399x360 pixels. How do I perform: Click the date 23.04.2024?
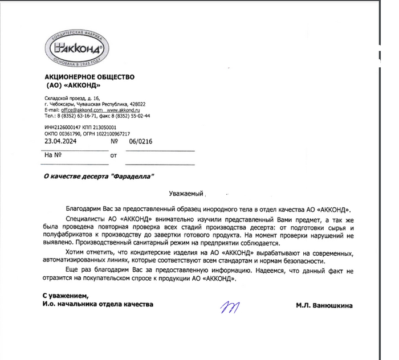pyautogui.click(x=59, y=141)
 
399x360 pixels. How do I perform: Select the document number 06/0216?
pyautogui.click(x=140, y=141)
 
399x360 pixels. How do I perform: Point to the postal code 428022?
pyautogui.click(x=137, y=104)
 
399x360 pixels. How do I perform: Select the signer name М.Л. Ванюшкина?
pyautogui.click(x=324, y=306)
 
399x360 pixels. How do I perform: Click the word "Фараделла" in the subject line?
pyautogui.click(x=135, y=177)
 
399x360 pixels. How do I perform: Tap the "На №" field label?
pyautogui.click(x=52, y=154)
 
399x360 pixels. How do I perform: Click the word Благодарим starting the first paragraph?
pyautogui.click(x=84, y=209)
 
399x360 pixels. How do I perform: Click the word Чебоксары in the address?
pyautogui.click(x=67, y=104)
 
